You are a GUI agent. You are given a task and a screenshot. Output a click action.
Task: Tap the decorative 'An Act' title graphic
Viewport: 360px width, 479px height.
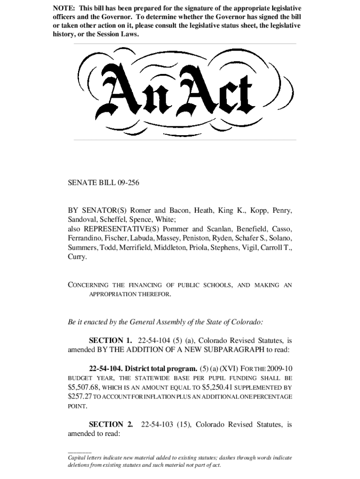pos(180,92)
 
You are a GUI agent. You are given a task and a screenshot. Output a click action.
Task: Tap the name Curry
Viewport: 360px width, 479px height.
pos(77,257)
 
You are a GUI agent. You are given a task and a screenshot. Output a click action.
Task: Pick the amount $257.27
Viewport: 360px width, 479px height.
pos(80,397)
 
